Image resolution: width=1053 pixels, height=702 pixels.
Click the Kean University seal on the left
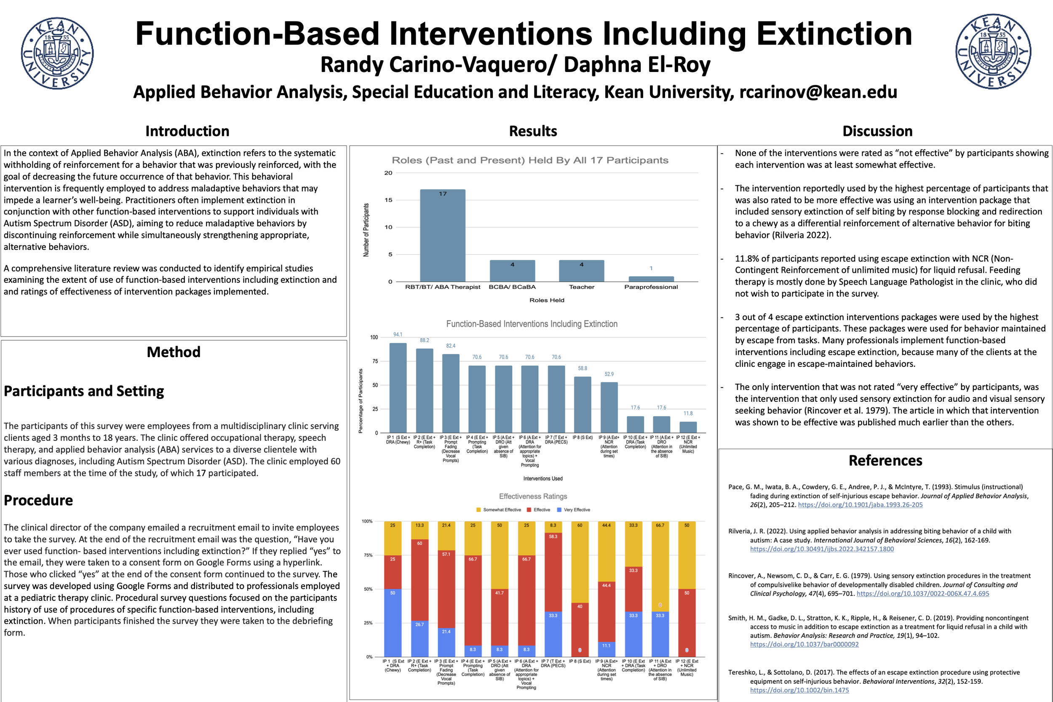(x=57, y=53)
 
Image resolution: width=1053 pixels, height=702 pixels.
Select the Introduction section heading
(x=187, y=131)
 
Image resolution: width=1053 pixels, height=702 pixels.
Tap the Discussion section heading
(x=877, y=131)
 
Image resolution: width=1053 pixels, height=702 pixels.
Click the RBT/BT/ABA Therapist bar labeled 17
(x=442, y=235)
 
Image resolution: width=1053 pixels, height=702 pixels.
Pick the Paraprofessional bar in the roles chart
(x=650, y=279)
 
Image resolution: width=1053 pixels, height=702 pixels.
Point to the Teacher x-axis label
(x=581, y=287)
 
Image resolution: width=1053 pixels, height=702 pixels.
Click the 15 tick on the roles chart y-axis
(x=388, y=200)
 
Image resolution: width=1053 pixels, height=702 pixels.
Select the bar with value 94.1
(x=398, y=388)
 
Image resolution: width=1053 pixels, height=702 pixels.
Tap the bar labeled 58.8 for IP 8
(x=582, y=405)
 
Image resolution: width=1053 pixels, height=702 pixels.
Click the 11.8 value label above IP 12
(x=688, y=413)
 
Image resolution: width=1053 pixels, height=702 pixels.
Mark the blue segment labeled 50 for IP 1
(x=393, y=622)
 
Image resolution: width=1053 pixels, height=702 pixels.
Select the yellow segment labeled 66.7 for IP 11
(x=660, y=566)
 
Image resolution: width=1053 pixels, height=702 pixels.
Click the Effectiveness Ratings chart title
(x=533, y=496)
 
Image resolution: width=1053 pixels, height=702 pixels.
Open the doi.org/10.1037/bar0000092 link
(x=804, y=644)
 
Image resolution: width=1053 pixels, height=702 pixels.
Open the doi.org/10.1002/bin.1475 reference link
(x=799, y=690)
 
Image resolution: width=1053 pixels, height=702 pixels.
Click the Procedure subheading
(x=38, y=500)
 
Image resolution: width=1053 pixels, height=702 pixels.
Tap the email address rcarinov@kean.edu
(x=818, y=92)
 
